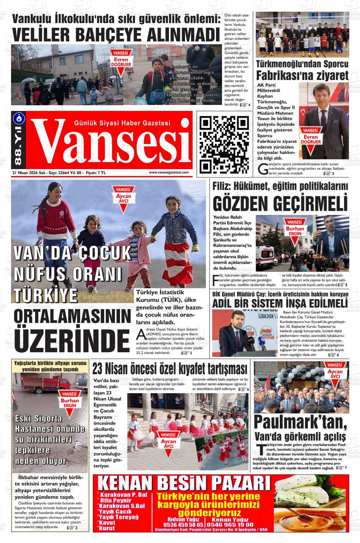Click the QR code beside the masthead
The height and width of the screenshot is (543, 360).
[x=225, y=144]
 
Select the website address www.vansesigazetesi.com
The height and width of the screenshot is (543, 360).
[x=169, y=173]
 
